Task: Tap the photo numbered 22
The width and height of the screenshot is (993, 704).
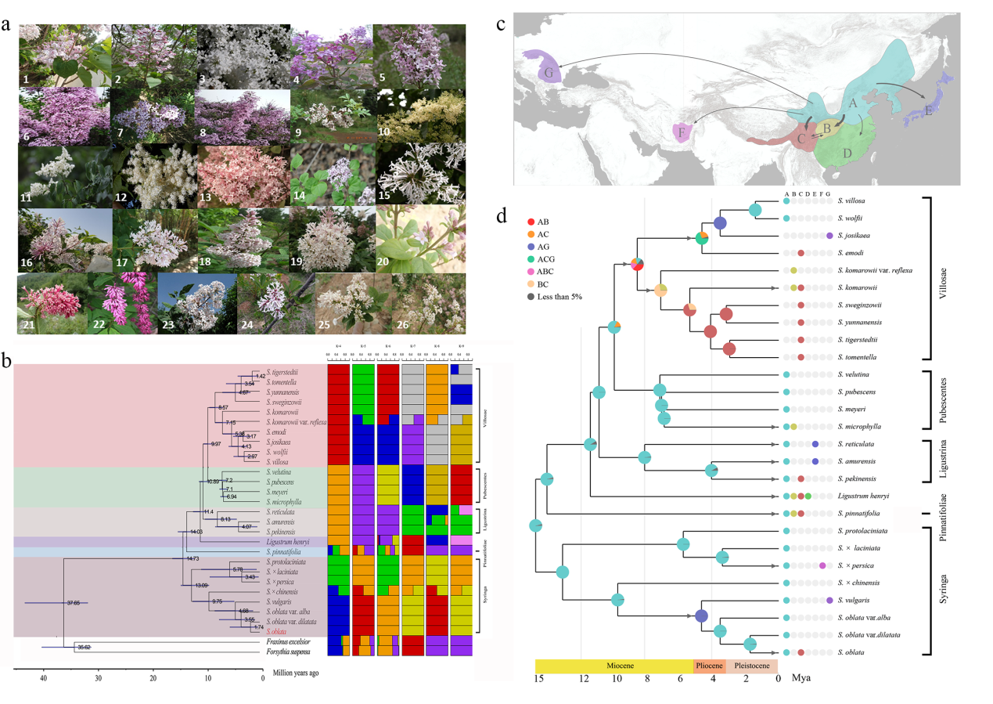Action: [126, 303]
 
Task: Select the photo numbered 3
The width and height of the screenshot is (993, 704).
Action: [243, 54]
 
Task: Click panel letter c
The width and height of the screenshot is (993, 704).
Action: [500, 23]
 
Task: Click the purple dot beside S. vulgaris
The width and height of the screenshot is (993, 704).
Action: [829, 601]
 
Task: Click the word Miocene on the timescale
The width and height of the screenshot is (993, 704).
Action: [614, 666]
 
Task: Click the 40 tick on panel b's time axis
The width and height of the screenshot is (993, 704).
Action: [44, 678]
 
